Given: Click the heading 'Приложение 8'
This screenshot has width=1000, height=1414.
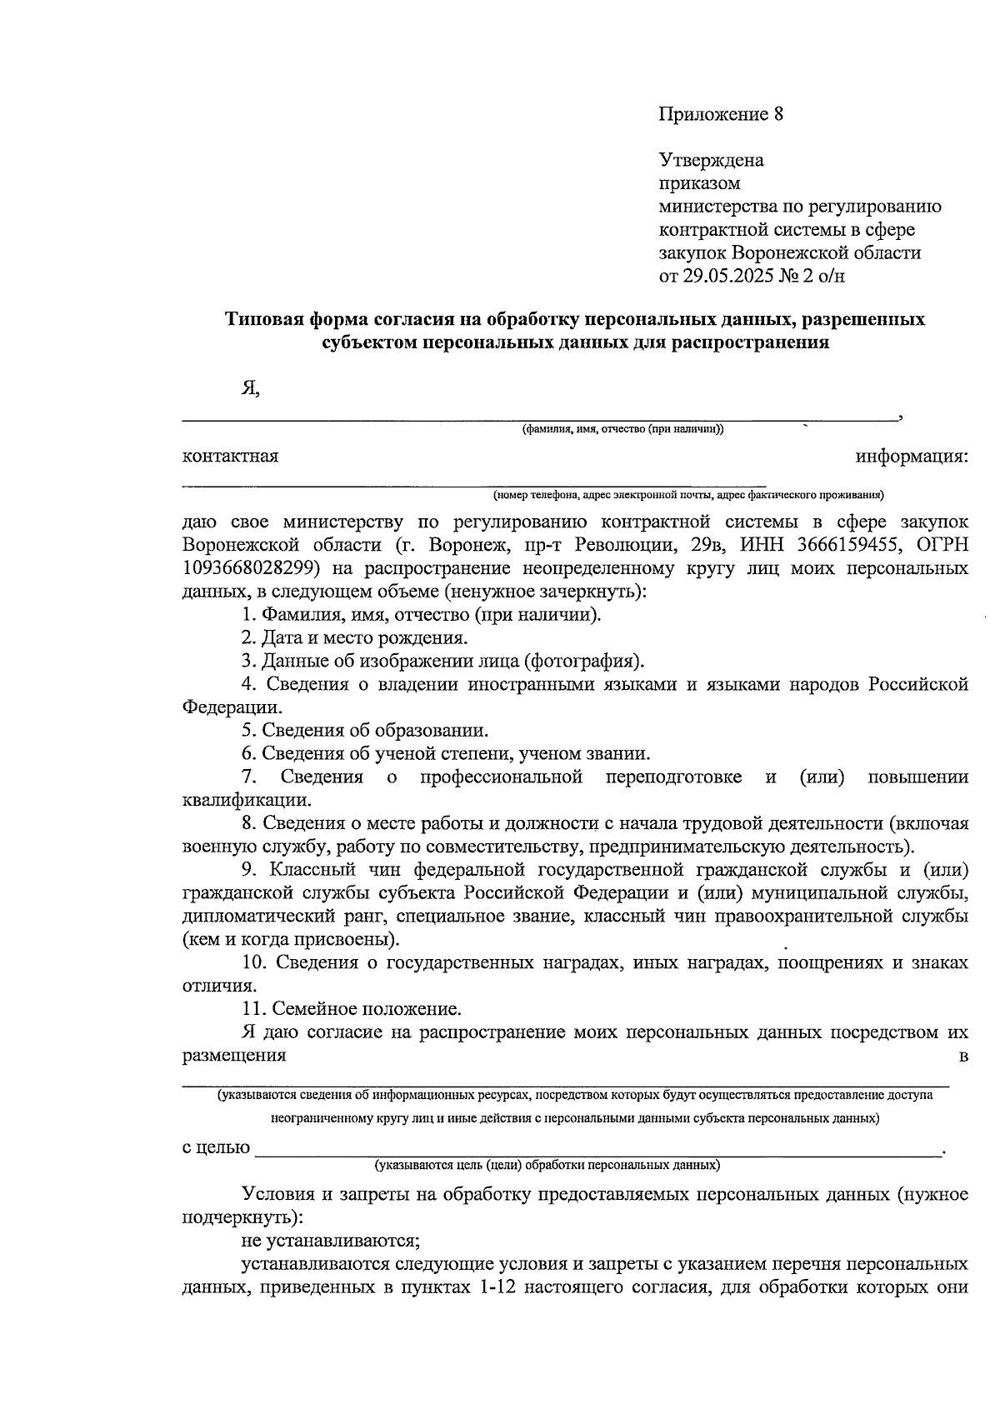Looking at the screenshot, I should (722, 114).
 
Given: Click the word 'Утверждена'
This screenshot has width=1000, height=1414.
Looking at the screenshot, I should (711, 160).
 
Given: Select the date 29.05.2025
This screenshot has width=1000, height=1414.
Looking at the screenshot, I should (730, 276).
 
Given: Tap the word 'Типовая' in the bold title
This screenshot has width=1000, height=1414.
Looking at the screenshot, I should (264, 320).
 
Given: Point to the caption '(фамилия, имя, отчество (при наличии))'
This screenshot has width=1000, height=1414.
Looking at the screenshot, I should (622, 430).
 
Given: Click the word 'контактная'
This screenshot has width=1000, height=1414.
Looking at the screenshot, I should (230, 457).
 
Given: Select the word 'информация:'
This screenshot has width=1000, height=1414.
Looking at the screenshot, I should (911, 457).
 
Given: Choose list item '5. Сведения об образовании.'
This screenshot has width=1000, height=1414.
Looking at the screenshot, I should (364, 731).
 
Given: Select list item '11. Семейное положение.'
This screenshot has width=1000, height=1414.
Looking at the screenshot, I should (351, 1009).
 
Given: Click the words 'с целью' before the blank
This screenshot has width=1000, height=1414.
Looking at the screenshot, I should (216, 1147).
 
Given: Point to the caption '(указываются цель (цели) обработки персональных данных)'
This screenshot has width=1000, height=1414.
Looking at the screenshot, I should (547, 1165).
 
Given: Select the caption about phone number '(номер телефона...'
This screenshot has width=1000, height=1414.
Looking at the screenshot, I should (687, 495).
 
